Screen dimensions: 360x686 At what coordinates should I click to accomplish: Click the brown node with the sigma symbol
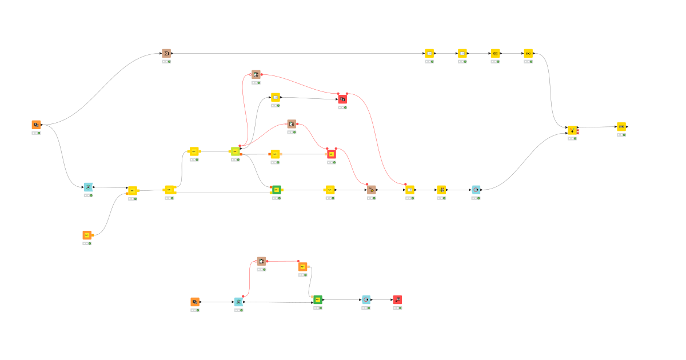pos(166,53)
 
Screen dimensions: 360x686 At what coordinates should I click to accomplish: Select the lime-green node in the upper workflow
pos(235,151)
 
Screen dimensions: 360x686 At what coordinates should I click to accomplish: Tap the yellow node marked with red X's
pos(572,130)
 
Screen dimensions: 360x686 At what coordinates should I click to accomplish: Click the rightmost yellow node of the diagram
pos(621,126)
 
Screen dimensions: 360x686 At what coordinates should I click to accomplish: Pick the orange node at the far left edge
pos(36,125)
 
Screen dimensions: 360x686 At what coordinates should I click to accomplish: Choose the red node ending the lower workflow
pos(397,299)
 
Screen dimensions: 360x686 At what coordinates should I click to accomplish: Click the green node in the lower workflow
pos(318,299)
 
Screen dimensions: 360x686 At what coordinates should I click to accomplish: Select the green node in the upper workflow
pos(276,189)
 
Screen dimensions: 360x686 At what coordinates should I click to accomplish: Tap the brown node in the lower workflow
pos(261,261)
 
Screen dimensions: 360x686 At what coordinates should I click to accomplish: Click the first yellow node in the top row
pos(429,53)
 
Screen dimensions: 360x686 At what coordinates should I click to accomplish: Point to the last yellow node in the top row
pos(528,53)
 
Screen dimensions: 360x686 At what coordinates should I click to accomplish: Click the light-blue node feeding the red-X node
pos(476,189)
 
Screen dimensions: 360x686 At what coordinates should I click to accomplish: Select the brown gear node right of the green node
pos(371,189)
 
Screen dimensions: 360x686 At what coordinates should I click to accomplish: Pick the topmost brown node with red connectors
pos(256,74)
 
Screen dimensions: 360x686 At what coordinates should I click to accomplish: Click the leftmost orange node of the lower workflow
pos(195,301)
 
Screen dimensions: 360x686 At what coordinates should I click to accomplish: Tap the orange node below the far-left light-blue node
pos(87,235)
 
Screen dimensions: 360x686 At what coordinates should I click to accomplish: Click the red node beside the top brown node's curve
pos(342,99)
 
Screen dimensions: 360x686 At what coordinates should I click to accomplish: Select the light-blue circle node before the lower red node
pos(366,299)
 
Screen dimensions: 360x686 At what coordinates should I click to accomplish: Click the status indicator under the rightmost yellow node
pos(621,135)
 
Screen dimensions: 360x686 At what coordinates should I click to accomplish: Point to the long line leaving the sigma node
pos(297,54)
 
